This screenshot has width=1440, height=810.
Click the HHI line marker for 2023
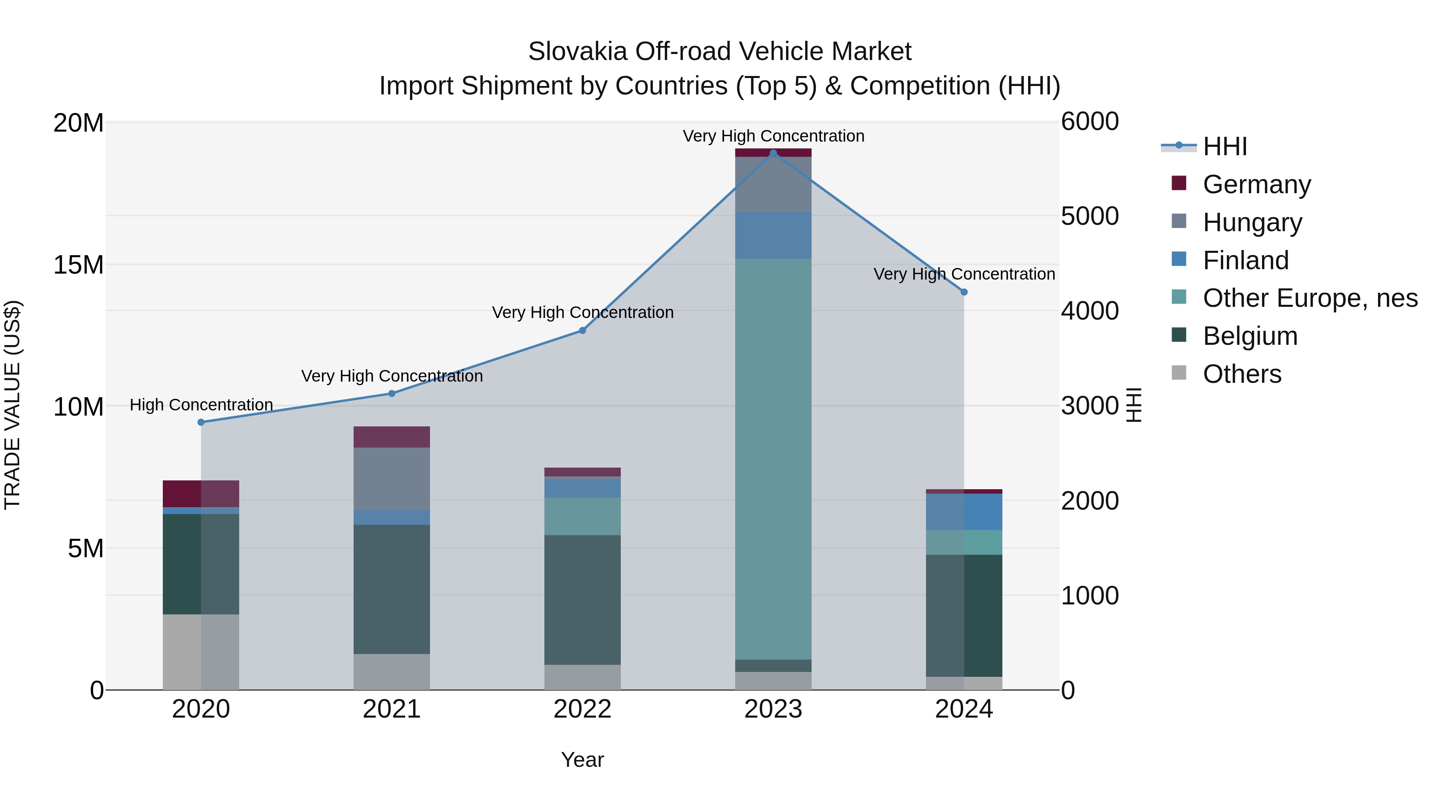(773, 153)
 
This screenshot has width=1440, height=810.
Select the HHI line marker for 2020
(201, 422)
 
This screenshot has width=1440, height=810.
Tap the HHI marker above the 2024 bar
(964, 292)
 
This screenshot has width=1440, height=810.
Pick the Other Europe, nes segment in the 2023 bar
(773, 458)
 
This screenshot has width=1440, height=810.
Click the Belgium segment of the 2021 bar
(391, 589)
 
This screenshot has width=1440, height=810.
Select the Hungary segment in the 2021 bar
(391, 478)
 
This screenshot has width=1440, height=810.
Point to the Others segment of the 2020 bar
(201, 652)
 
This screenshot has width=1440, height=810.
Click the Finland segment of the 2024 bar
(964, 512)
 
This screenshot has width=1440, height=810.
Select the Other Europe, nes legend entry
(1310, 298)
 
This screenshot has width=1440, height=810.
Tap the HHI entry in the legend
(1224, 146)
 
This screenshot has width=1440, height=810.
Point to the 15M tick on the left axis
(78, 265)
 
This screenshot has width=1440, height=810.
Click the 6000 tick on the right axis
(1090, 122)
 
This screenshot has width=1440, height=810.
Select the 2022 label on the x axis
(582, 709)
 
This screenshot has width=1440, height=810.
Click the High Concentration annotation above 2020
(201, 405)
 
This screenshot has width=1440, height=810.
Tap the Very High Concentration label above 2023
(773, 136)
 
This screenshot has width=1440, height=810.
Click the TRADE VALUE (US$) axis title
(12, 405)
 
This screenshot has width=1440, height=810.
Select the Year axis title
(582, 760)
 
